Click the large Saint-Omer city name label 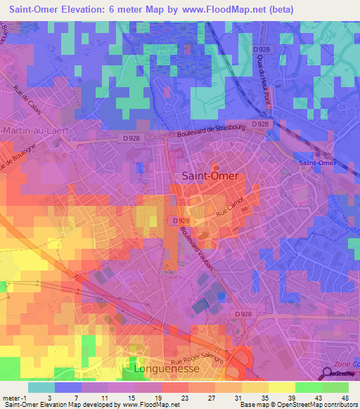click(210, 176)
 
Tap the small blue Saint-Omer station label click(317, 163)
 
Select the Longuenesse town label click(167, 368)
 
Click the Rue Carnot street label click(231, 209)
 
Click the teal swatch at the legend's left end click(41, 387)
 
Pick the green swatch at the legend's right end click(335, 387)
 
